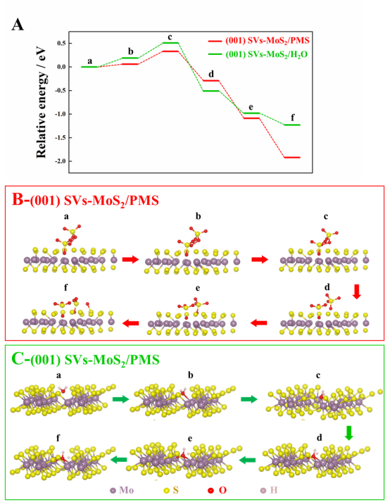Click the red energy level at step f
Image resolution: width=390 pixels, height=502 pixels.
292,157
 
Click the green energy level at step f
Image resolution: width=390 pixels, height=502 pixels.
292,125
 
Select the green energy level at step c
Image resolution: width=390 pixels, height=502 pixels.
170,42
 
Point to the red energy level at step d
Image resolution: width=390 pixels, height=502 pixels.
211,80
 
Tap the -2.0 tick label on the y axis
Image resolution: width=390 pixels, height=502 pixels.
60,161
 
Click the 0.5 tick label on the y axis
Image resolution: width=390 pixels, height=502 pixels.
61,43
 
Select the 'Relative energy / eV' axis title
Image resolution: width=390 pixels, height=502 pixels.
41,103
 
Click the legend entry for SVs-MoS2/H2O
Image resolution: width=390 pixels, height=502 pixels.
258,54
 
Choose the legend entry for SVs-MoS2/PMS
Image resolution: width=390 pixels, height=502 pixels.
259,41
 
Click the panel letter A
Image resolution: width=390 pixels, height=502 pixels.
18,25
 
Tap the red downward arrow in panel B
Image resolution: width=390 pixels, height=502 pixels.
357,291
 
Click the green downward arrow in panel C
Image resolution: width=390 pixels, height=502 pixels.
349,432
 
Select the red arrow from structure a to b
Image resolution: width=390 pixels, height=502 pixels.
131,259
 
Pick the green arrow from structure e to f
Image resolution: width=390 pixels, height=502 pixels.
119,460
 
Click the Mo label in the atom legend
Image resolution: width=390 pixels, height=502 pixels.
127,490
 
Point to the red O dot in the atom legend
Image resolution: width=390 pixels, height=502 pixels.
210,491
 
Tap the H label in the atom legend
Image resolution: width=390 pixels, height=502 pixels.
274,490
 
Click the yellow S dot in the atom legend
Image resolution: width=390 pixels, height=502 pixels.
167,491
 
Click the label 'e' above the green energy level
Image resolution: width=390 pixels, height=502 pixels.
251,107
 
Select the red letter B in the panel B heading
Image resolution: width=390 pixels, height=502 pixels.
18,199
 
